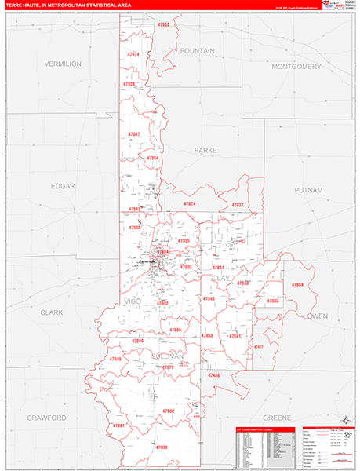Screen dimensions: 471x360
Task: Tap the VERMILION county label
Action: click(63, 64)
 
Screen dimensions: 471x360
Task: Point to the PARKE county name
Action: click(205, 149)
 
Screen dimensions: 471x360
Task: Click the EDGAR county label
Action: click(62, 186)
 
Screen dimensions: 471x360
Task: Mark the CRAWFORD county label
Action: click(46, 418)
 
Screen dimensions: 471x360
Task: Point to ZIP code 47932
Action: click(163, 24)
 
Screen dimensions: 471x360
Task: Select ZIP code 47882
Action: click(167, 411)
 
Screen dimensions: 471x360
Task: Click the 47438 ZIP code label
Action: click(214, 375)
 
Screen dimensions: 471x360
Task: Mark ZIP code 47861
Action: click(119, 425)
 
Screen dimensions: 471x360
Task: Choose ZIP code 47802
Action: click(162, 303)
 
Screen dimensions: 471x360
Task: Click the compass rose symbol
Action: click(346, 423)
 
